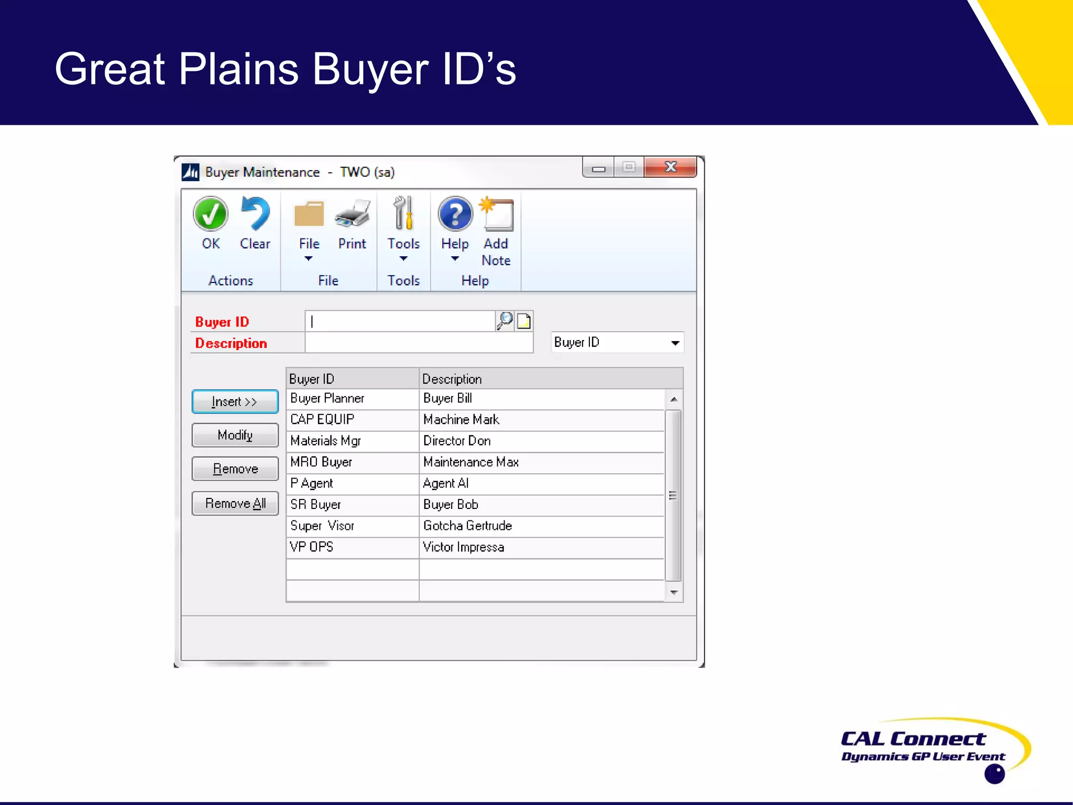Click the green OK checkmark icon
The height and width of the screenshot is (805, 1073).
pyautogui.click(x=211, y=214)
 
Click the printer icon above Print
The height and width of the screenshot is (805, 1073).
pyautogui.click(x=352, y=214)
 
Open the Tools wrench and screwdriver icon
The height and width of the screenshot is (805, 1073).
pyautogui.click(x=403, y=213)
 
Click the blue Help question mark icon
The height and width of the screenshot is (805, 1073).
pyautogui.click(x=455, y=214)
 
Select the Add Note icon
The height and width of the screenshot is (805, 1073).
pyautogui.click(x=496, y=214)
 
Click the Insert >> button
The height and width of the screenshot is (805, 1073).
pyautogui.click(x=235, y=402)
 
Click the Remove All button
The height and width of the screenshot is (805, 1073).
pyautogui.click(x=235, y=504)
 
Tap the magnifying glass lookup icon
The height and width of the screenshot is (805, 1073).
pyautogui.click(x=505, y=321)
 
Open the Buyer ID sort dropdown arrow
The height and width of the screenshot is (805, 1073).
pyautogui.click(x=675, y=343)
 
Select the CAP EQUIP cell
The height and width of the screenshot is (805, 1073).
pyautogui.click(x=352, y=420)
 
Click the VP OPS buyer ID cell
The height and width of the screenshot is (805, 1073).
pyautogui.click(x=352, y=547)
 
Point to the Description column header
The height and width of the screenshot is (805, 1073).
pyautogui.click(x=550, y=378)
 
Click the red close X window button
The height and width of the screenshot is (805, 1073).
pyautogui.click(x=670, y=168)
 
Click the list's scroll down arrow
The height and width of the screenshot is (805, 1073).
pyautogui.click(x=674, y=593)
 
